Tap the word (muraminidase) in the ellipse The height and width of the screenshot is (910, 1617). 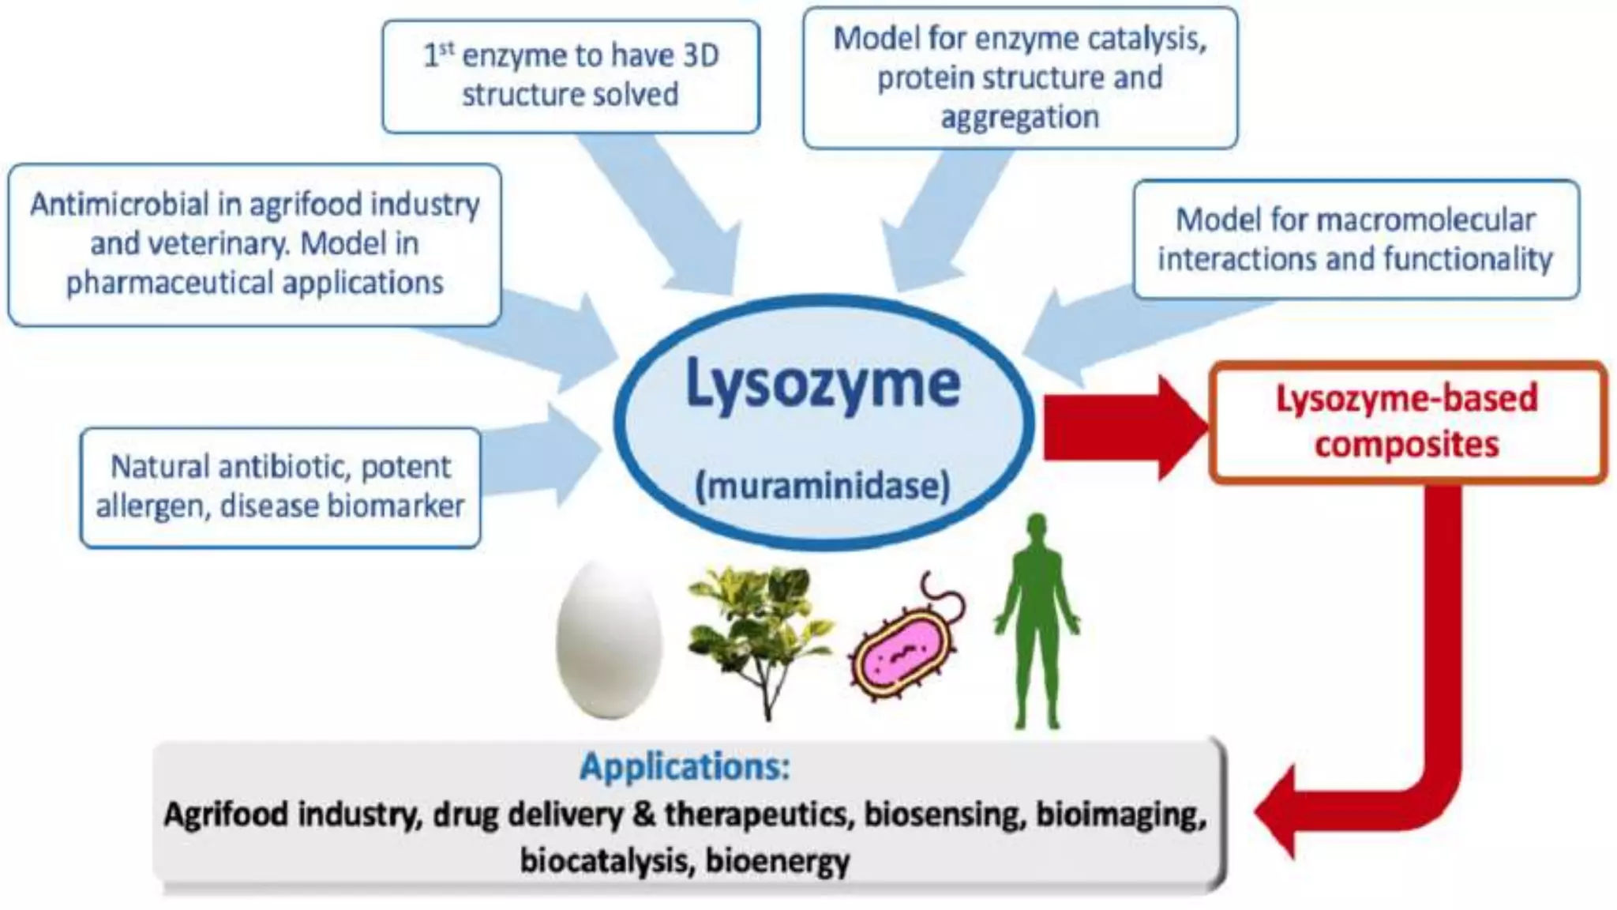(x=822, y=486)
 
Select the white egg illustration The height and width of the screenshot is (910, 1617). (x=608, y=640)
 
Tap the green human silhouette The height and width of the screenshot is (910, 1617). (x=1037, y=624)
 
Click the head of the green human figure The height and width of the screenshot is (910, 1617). (x=1037, y=528)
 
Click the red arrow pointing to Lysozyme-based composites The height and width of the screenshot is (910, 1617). (x=1121, y=427)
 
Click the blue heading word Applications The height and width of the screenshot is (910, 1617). (x=685, y=766)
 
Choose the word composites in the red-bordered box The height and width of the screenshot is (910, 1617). (x=1406, y=445)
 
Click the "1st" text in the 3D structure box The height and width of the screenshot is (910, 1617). (x=439, y=55)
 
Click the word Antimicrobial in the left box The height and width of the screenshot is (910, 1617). (x=119, y=205)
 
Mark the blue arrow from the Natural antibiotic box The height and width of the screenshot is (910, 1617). (x=545, y=458)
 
